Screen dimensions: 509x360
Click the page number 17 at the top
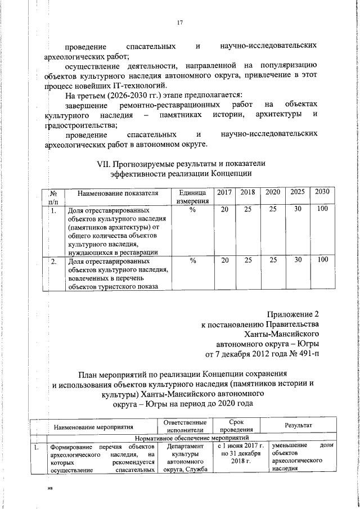180,22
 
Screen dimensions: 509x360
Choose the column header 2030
322,192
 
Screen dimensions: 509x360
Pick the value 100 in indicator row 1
322,210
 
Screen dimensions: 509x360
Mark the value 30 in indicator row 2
298,260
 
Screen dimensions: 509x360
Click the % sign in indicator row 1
192,210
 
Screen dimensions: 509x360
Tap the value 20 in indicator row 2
225,260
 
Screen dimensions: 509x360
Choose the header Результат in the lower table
298,426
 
